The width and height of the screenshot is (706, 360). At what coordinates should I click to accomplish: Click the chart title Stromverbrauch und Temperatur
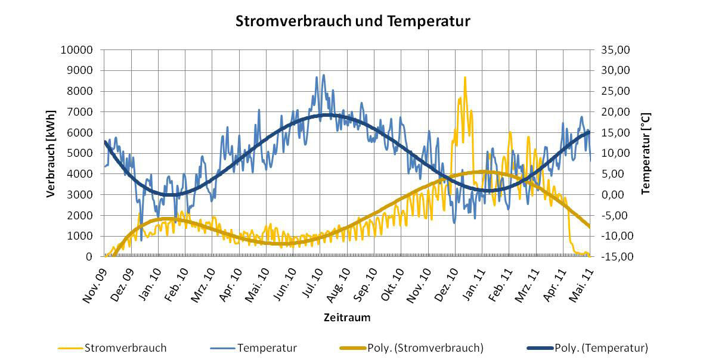pos(353,21)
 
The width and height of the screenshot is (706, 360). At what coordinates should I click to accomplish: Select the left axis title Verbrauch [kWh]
pos(51,153)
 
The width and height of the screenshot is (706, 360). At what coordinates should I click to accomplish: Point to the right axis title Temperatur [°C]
pos(645,153)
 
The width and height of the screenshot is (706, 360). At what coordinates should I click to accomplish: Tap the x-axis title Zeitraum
pos(347,318)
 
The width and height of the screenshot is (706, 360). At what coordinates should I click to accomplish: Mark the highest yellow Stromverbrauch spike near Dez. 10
pos(465,77)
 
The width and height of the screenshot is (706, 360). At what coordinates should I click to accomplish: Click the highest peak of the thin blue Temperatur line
pos(324,75)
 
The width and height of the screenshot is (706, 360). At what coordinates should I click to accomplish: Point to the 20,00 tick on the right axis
pos(609,112)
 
